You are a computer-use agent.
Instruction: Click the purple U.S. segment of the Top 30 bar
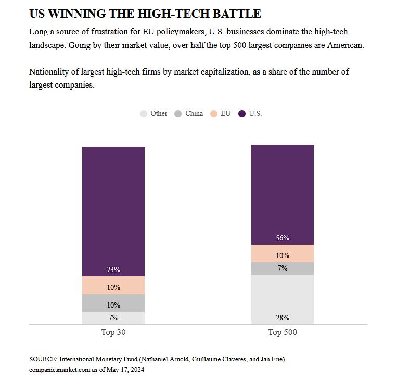pos(113,209)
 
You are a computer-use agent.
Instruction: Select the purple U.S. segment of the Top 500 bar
pos(282,193)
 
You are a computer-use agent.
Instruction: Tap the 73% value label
pos(113,270)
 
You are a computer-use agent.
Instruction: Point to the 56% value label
pos(283,238)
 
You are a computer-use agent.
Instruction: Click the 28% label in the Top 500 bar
pos(283,318)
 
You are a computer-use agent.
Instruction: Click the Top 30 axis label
pos(113,332)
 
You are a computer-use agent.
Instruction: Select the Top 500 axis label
pos(283,332)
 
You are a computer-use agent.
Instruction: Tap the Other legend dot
pos(144,114)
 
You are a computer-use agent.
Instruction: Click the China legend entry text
pos(194,113)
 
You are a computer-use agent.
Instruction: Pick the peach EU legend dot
pos(214,114)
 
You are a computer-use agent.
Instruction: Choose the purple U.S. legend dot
pos(242,114)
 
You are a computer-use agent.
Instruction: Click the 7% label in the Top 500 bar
pos(283,268)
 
